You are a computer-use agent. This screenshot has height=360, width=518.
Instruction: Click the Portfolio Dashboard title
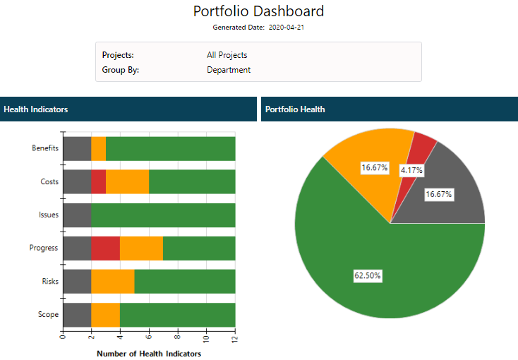point(258,11)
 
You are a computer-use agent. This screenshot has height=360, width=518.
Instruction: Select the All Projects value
point(227,55)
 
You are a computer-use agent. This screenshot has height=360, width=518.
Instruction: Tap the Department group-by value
point(229,70)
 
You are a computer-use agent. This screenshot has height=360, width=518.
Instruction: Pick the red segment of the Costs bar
point(99,182)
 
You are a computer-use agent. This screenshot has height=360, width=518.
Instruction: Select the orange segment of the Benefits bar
point(99,148)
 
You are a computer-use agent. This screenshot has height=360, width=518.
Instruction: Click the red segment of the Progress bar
point(106,248)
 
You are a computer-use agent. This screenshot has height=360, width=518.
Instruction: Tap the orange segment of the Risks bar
point(113,282)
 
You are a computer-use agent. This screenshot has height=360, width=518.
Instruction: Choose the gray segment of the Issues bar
point(77,215)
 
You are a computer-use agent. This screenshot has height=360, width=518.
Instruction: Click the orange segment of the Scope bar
point(106,315)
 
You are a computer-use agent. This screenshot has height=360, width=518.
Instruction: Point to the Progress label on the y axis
point(44,248)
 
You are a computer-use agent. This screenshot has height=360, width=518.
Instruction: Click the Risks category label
point(49,282)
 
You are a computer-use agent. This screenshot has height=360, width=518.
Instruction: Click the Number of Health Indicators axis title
point(149,354)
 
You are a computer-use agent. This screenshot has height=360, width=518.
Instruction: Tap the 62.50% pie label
point(368,276)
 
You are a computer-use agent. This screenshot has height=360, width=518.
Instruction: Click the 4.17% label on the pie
point(411,170)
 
